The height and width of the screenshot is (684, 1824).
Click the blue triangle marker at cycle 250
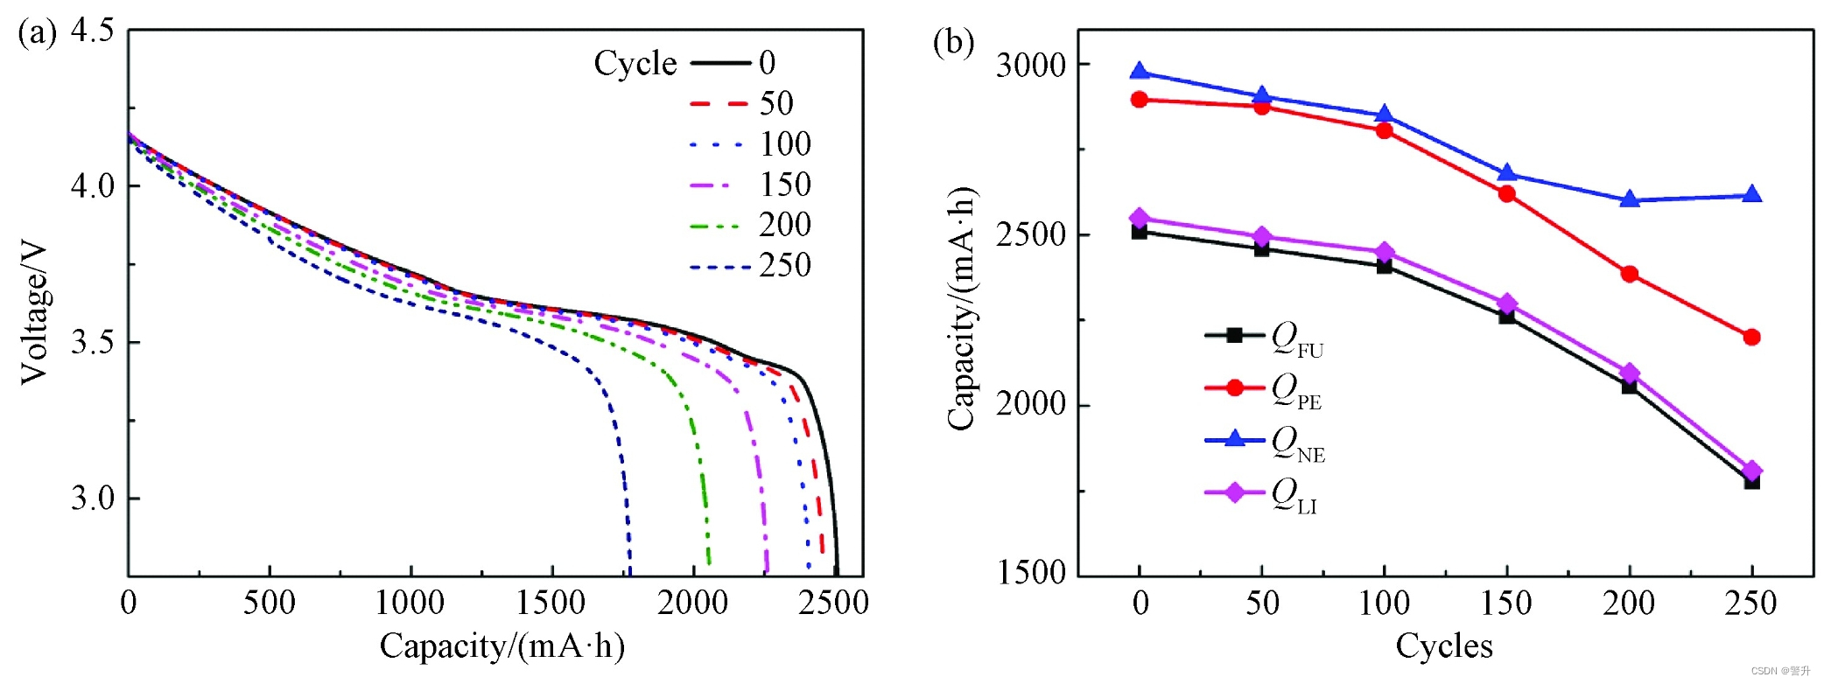coord(1751,194)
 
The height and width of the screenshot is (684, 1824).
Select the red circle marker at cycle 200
coord(1629,274)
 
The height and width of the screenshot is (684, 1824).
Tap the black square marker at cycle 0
coord(1139,232)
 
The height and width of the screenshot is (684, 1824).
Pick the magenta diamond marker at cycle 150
coord(1506,304)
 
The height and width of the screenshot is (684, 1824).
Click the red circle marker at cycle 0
coord(1139,100)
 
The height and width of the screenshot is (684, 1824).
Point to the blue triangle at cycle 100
coord(1384,115)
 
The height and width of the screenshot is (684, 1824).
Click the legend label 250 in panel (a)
coord(784,265)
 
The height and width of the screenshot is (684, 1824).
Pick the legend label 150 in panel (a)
coord(784,185)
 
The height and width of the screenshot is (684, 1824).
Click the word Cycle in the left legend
coord(635,63)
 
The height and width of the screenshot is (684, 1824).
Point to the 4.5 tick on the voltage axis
coord(92,31)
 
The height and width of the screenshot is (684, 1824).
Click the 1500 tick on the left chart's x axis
coord(551,603)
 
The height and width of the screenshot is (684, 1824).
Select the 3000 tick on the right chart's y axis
coord(1031,65)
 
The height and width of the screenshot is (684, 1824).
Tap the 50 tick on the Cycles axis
coord(1261,603)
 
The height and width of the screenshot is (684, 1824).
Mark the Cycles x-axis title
coord(1443,646)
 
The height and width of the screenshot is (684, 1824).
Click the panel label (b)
coord(953,42)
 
